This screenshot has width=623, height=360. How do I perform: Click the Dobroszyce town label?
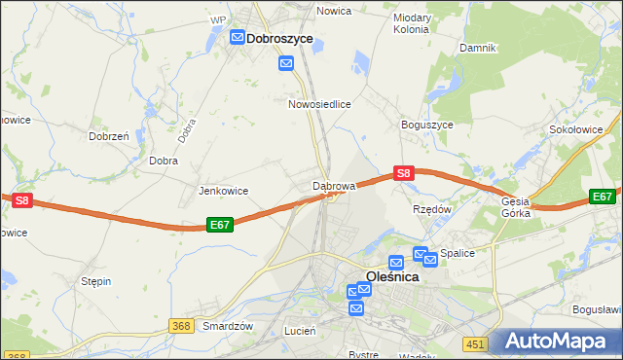point(279,38)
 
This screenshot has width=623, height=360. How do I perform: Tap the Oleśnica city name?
point(392,276)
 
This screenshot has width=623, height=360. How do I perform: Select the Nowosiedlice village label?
point(319,103)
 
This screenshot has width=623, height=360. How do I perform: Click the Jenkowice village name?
point(223,191)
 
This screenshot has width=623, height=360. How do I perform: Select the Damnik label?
point(478,48)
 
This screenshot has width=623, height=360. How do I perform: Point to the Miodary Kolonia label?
point(412,23)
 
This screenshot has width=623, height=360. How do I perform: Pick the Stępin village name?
point(96,281)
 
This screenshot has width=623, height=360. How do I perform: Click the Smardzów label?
point(228,327)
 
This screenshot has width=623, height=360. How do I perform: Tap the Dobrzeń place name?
point(109,137)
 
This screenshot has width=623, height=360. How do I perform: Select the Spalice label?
point(458,253)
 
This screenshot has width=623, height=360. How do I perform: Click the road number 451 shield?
point(474,343)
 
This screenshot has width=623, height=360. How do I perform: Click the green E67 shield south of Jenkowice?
point(220,225)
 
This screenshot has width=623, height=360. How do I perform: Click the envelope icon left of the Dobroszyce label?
point(238,38)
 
